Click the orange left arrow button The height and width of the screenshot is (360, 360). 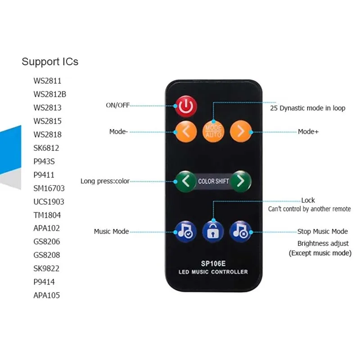coord(185,131)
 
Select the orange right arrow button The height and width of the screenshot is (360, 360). coord(241,131)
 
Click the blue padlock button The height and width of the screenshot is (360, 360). coord(213,231)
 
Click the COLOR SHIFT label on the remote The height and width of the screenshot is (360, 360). coord(213,181)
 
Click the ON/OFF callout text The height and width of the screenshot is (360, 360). coord(117,105)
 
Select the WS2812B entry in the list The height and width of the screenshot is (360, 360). coord(50,94)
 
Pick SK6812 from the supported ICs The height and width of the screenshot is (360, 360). coord(46,148)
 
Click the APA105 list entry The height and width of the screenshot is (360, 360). coord(47,295)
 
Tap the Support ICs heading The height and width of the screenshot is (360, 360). coord(50,62)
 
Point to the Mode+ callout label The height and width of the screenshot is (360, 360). coord(308,132)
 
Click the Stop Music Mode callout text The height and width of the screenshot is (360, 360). coord(323,231)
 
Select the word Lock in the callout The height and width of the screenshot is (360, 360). coord(308,200)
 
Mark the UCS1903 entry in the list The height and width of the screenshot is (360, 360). coord(49,202)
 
